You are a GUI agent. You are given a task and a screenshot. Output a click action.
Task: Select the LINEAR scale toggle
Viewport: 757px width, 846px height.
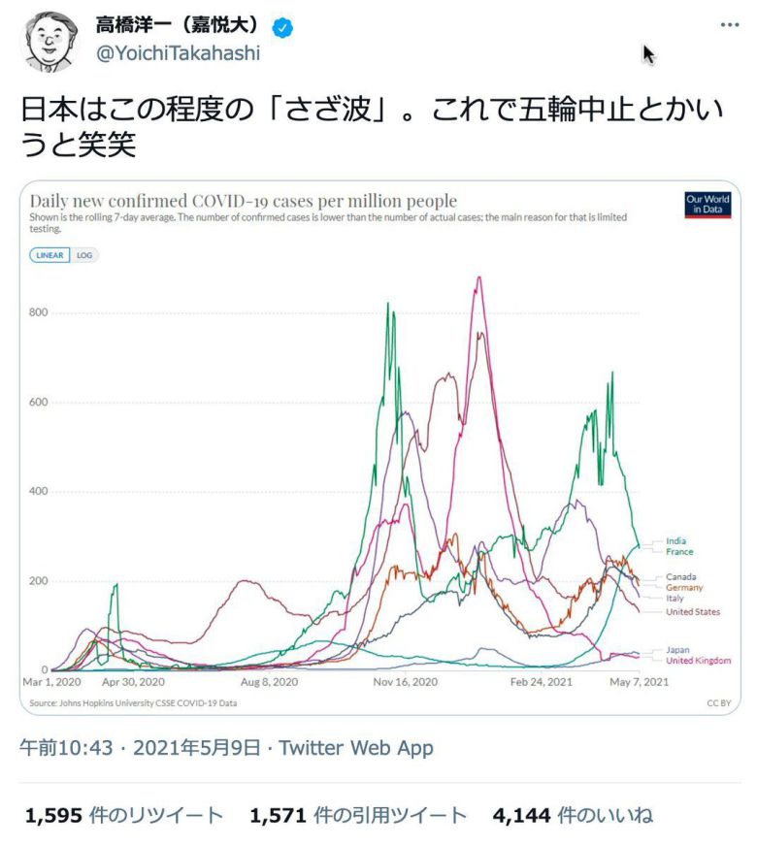pos(49,256)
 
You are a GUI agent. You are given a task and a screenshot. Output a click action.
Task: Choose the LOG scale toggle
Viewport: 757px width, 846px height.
pos(85,256)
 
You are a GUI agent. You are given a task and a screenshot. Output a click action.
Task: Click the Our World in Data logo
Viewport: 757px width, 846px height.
pos(708,205)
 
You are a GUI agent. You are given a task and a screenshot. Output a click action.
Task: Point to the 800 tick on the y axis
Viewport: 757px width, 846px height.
pos(38,312)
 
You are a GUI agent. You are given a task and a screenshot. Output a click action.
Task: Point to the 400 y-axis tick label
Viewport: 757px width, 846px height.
pos(38,492)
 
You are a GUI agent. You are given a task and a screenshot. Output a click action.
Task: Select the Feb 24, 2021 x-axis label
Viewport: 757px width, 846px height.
pos(543,683)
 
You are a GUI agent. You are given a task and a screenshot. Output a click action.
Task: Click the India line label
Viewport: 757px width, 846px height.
pos(675,541)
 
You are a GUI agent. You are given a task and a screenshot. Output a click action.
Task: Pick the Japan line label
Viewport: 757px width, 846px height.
pos(678,650)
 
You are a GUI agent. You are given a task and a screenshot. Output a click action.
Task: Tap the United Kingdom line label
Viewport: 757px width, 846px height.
pos(698,661)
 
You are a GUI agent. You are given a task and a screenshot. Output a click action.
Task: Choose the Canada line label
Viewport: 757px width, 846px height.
pos(680,577)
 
